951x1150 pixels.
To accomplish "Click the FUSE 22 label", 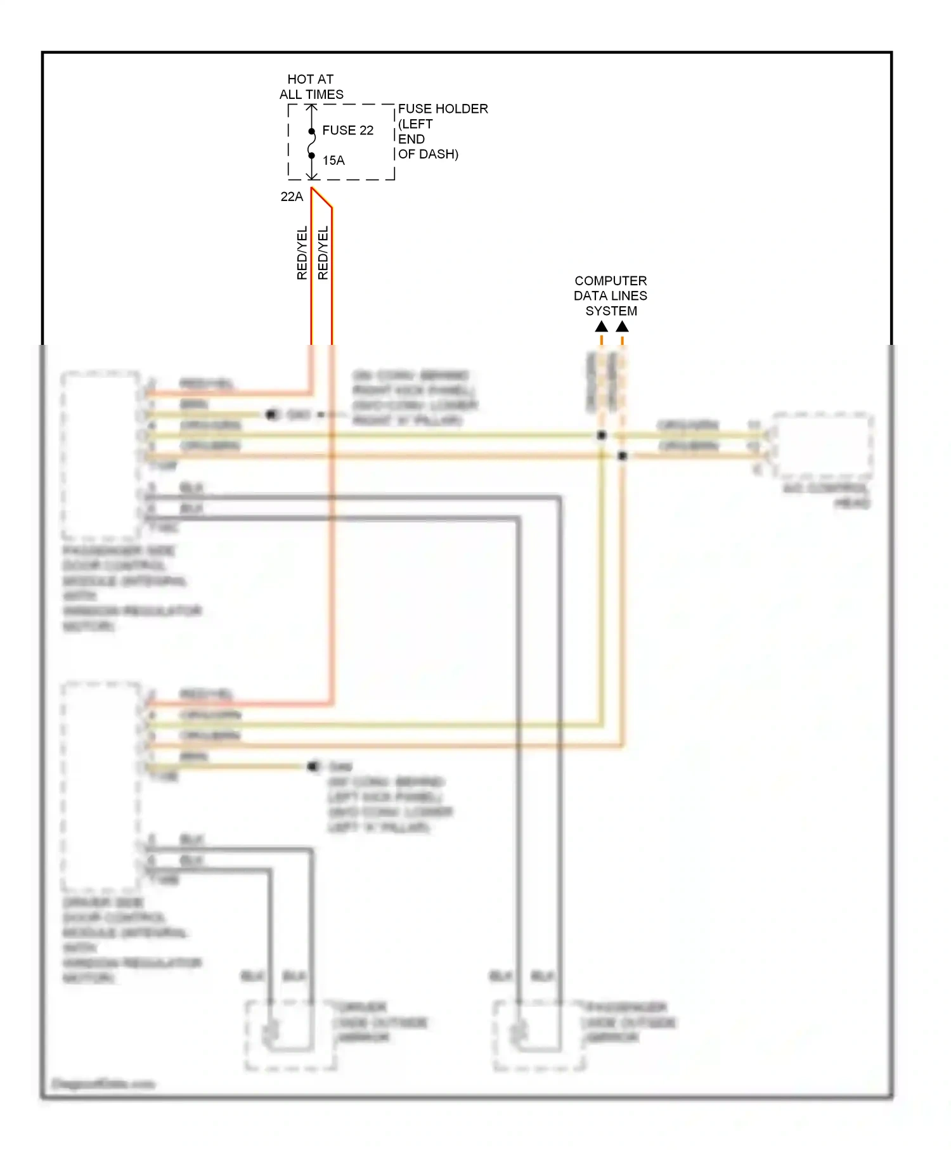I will click(x=347, y=130).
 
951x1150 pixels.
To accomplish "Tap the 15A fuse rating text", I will click(x=333, y=160).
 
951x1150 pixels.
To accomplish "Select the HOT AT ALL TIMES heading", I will click(x=311, y=87).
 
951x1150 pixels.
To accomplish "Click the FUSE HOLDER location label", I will click(x=442, y=131).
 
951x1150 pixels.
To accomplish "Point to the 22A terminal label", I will click(x=292, y=197).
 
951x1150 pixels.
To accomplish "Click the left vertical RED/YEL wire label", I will click(x=302, y=252).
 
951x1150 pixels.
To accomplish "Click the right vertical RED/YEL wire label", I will click(x=323, y=252).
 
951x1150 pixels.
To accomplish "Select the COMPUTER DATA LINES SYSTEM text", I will click(x=611, y=295).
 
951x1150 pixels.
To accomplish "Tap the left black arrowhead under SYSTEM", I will click(x=601, y=326).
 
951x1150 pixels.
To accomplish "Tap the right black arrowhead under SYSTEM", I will click(x=622, y=326).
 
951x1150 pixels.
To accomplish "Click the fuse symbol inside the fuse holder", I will click(x=311, y=143).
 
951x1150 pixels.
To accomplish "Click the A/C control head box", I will click(x=823, y=445).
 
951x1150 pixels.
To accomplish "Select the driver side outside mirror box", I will click(x=290, y=1035).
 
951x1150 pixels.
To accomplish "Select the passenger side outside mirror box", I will click(x=538, y=1035).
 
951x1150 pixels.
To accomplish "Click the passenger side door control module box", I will click(x=100, y=455).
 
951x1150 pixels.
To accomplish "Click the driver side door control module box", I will click(x=100, y=786).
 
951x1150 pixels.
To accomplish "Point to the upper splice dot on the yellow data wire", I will click(x=602, y=435).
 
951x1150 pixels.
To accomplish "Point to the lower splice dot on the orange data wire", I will click(x=623, y=455).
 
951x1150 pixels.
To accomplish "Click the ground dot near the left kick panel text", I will click(x=313, y=766).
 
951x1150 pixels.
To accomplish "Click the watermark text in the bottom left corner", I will click(x=103, y=1083).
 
